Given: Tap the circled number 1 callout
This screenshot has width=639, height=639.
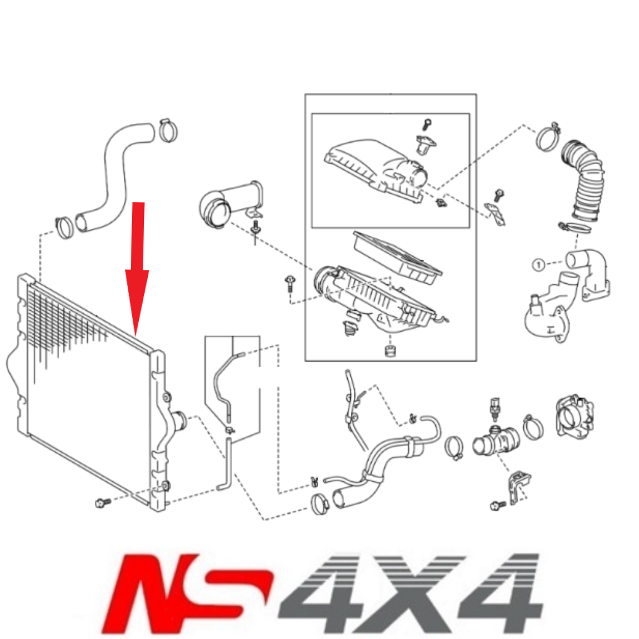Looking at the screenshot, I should coord(538,265).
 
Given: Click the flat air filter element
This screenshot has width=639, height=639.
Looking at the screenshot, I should coord(397,255).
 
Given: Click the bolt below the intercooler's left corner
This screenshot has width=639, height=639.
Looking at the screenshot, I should coord(101,502).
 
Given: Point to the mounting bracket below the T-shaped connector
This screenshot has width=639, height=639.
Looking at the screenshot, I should coord(519,485).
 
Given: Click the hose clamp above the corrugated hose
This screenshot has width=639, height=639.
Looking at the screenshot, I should coord(548,136).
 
